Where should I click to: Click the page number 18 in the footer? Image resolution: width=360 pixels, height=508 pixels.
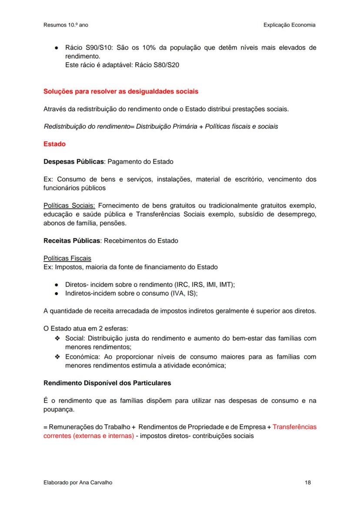tap(308, 482)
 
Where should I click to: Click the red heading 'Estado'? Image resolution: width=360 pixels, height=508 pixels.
tap(54, 144)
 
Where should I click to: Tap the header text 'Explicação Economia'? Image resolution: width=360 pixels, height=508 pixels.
tap(289, 25)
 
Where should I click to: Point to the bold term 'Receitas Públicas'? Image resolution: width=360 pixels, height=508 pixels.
tap(72, 240)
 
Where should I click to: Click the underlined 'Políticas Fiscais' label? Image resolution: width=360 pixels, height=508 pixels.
tap(67, 258)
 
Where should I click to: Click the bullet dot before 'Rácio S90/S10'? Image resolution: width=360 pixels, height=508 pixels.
tap(57, 48)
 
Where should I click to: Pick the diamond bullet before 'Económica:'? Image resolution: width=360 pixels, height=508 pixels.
tap(57, 357)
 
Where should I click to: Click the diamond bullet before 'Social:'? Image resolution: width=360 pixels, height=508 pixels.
tap(57, 338)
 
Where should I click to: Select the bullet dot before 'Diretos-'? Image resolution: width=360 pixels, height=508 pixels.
tap(57, 285)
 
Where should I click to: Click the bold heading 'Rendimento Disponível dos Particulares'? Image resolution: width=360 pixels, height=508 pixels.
tap(107, 383)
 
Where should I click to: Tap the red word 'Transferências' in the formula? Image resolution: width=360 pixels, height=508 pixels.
tap(294, 427)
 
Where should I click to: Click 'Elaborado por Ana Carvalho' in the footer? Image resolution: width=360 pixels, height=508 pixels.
tap(74, 482)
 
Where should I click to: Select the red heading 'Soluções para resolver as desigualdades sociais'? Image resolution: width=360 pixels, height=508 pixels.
tap(121, 92)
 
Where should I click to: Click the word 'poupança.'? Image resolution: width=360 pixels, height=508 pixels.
tap(58, 409)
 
